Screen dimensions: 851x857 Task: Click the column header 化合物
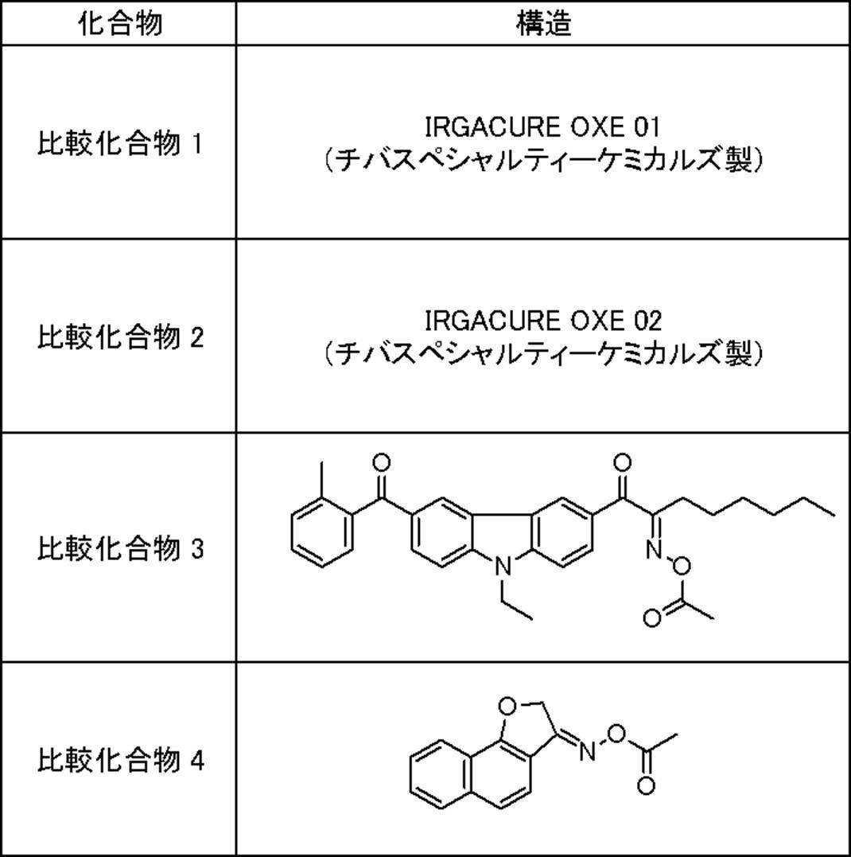tap(120, 23)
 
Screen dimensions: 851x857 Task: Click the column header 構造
tap(543, 23)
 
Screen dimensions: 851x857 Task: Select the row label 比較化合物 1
tap(120, 144)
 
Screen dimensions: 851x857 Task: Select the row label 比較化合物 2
tap(120, 337)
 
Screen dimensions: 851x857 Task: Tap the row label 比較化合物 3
tap(120, 548)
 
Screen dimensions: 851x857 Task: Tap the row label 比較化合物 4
tap(120, 760)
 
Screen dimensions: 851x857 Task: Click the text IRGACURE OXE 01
tap(543, 127)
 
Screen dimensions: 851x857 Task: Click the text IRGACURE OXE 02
tap(543, 320)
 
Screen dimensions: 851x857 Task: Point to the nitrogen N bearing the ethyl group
tap(502, 567)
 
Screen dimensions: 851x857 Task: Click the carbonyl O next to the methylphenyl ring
tap(382, 462)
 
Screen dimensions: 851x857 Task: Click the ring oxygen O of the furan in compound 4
tap(507, 704)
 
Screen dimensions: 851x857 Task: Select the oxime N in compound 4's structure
tap(586, 750)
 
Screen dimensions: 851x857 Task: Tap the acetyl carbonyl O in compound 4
tap(646, 787)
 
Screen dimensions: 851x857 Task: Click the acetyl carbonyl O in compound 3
tap(651, 617)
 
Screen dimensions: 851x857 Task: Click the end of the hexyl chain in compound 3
tap(833, 515)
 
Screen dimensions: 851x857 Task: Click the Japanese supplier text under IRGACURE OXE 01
tap(543, 161)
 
